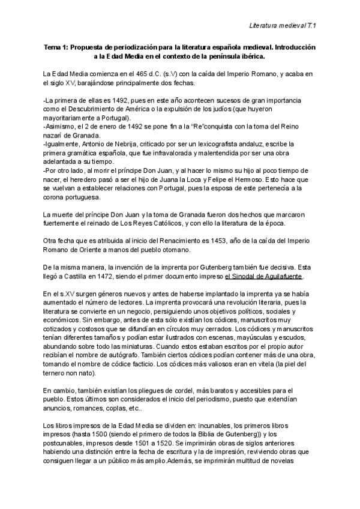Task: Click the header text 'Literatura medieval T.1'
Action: click(283, 26)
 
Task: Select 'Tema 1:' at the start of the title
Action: click(56, 47)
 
